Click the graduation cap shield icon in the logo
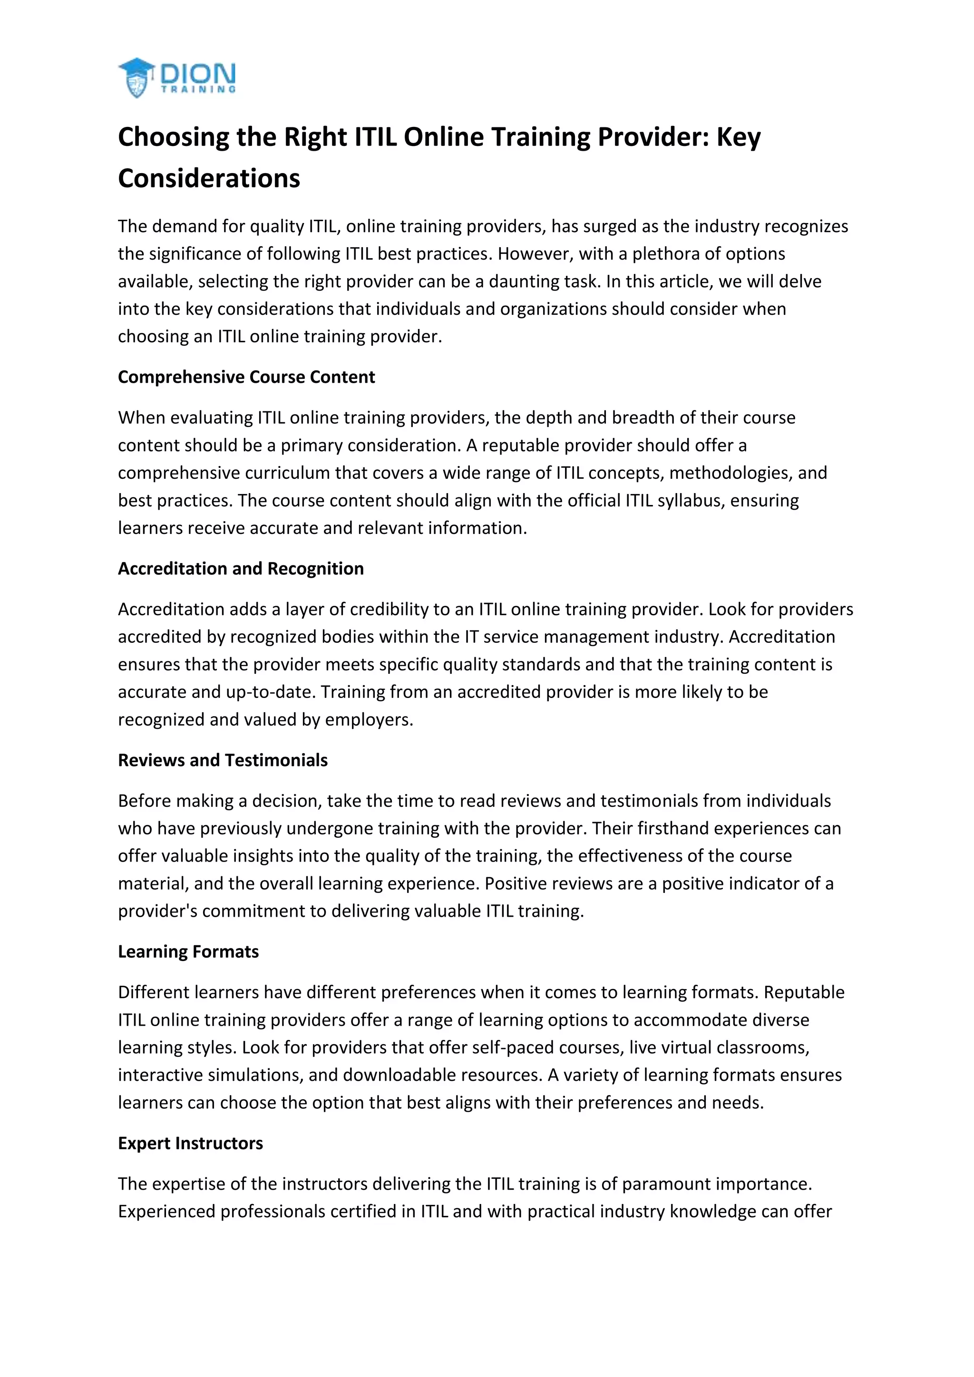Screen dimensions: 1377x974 (x=137, y=78)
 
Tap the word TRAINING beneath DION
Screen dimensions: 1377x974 (x=198, y=90)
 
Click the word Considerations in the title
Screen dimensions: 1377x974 (x=209, y=178)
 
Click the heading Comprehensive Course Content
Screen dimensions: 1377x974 (x=246, y=377)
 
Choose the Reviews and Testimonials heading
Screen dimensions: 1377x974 (x=223, y=760)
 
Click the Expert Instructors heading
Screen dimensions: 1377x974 (x=190, y=1143)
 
